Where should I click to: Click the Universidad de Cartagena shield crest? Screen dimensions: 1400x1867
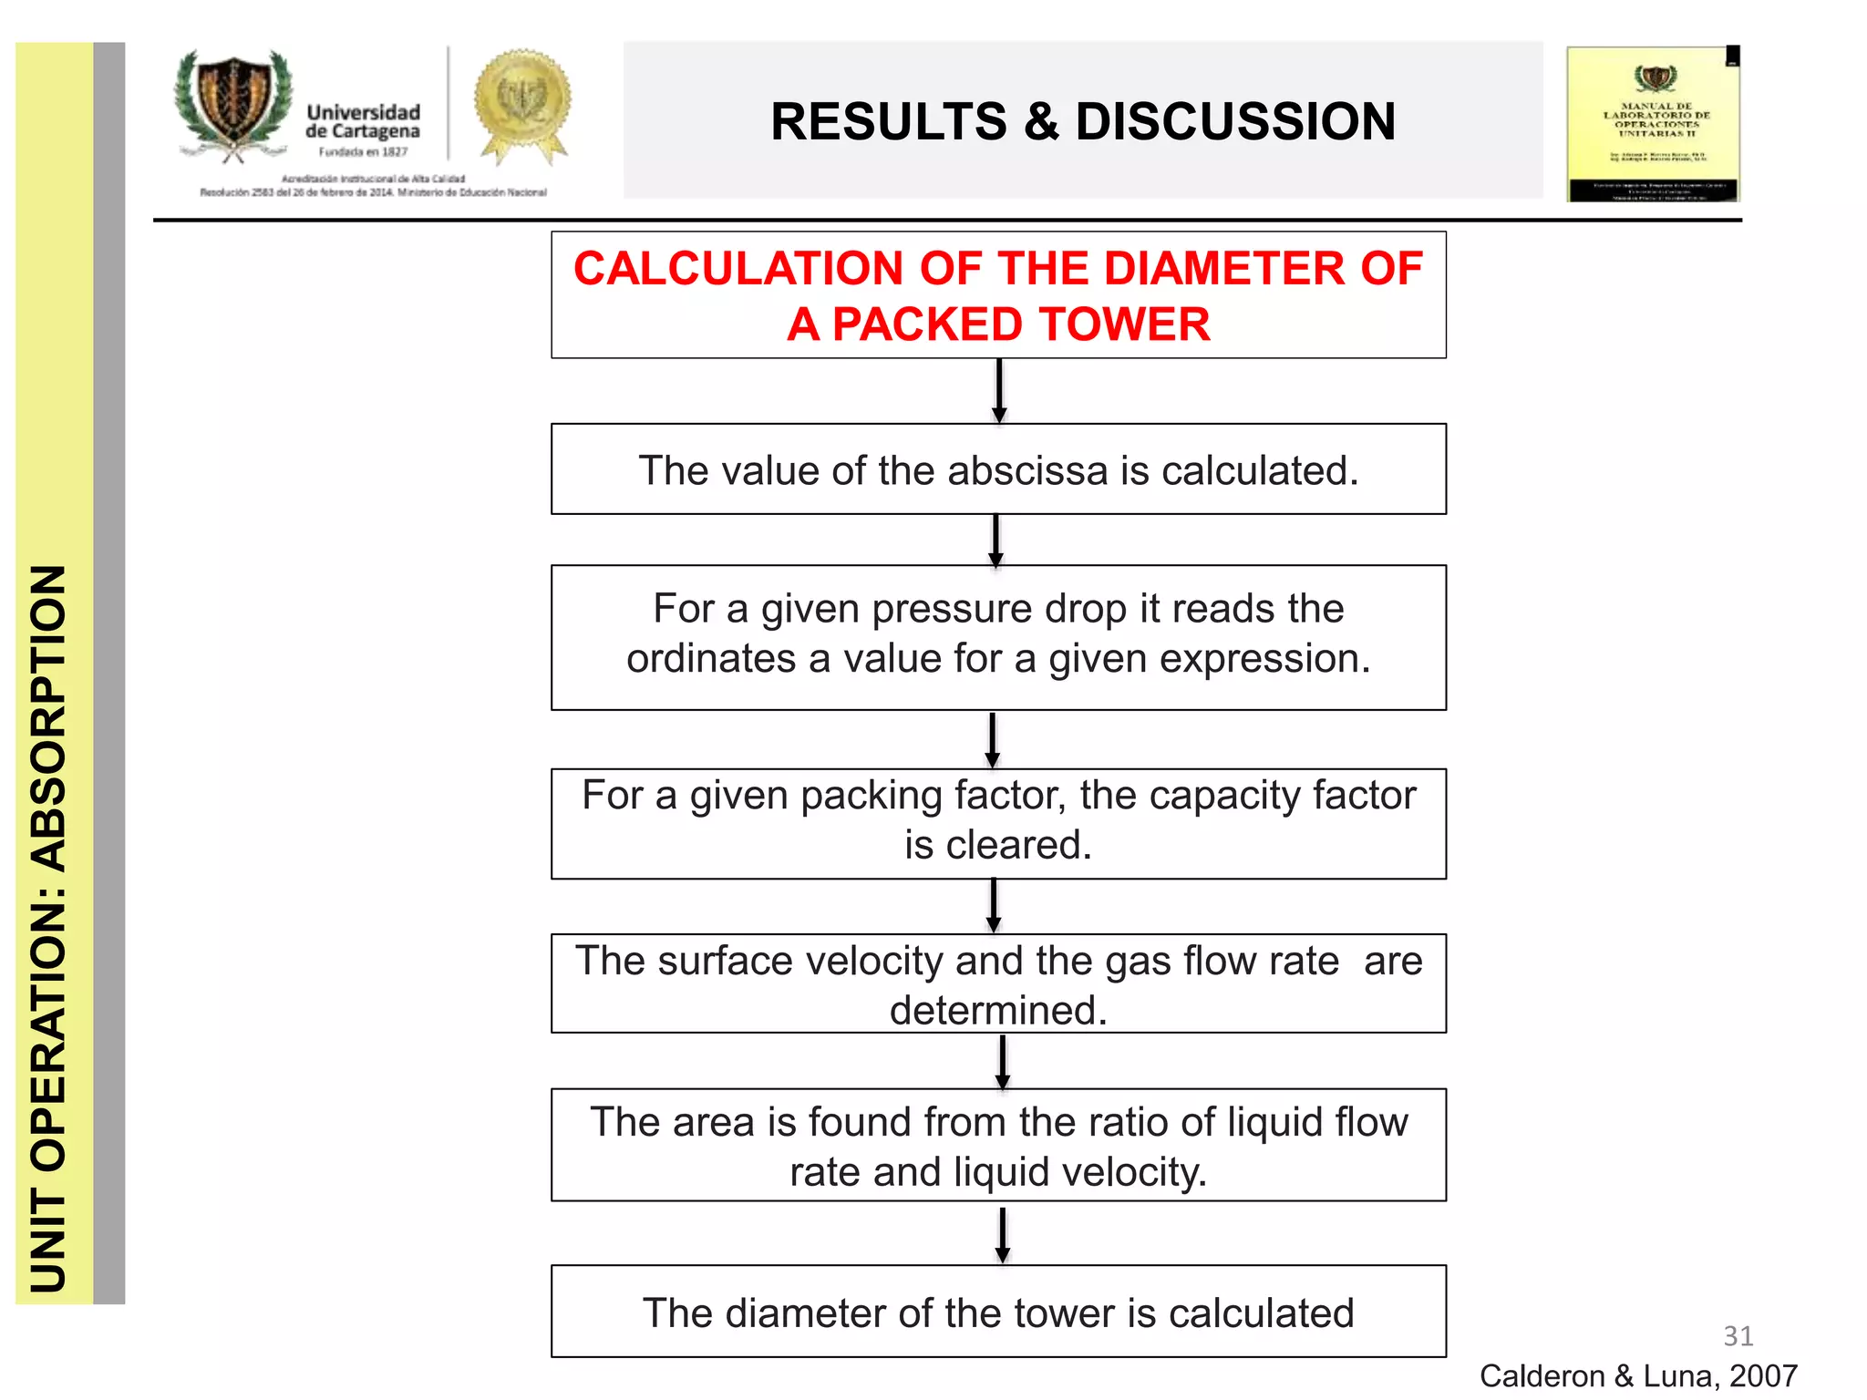[234, 106]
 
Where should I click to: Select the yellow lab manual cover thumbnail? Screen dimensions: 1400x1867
[1653, 124]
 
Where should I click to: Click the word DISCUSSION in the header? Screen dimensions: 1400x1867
[1235, 122]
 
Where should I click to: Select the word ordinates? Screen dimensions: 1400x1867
[711, 659]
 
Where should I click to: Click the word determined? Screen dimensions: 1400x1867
[997, 1011]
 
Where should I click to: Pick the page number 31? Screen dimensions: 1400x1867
[1738, 1336]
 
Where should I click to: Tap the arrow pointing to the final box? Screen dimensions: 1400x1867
[1003, 1235]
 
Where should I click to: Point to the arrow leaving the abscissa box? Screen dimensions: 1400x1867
[996, 540]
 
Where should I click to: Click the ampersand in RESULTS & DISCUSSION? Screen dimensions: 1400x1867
[1041, 122]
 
